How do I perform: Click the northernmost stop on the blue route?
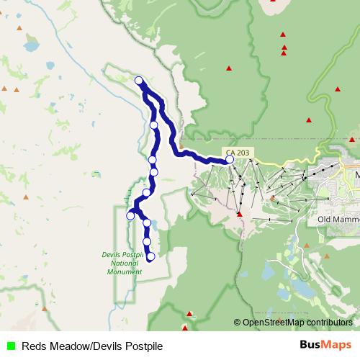pos(138,81)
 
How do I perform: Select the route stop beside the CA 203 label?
pos(230,159)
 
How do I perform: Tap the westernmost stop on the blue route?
pos(130,215)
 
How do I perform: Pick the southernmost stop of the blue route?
pos(150,256)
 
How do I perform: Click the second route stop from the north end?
pos(154,125)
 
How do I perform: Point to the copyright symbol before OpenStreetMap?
pos(237,323)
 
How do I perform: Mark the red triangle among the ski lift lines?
pos(239,213)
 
